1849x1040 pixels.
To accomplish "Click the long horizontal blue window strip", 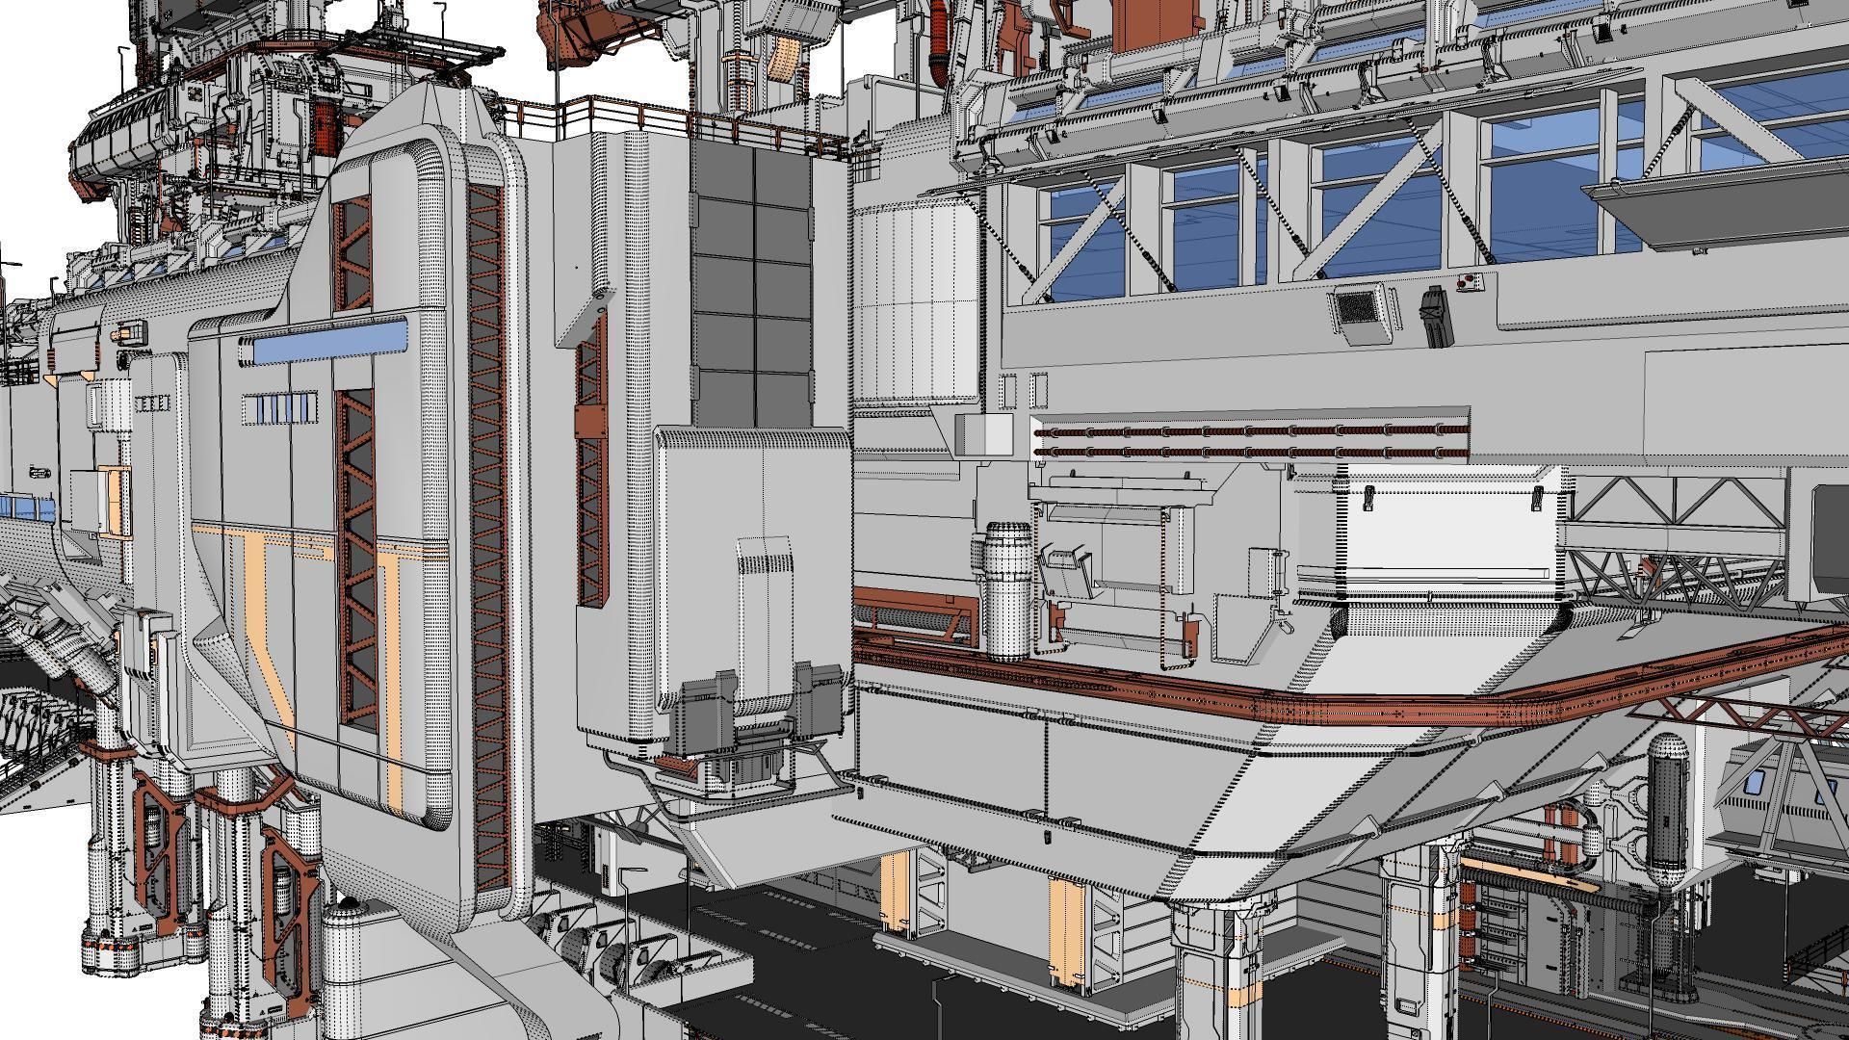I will (330, 342).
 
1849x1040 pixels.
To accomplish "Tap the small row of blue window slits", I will (279, 408).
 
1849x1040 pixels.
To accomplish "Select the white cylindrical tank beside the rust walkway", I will (1008, 589).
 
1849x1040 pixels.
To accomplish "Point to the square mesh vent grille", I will (1357, 309).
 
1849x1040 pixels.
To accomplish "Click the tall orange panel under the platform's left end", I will (894, 892).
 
